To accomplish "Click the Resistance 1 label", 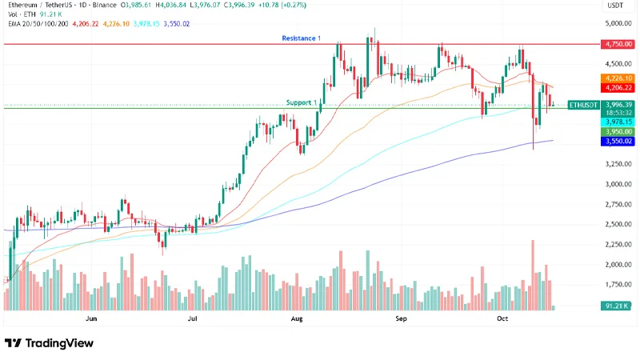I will pos(300,38).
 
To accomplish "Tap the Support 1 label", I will pos(302,102).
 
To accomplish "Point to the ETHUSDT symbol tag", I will pos(582,105).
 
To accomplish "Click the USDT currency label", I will pos(615,6).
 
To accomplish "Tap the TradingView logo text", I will pos(59,343).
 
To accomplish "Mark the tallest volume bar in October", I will pos(532,274).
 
